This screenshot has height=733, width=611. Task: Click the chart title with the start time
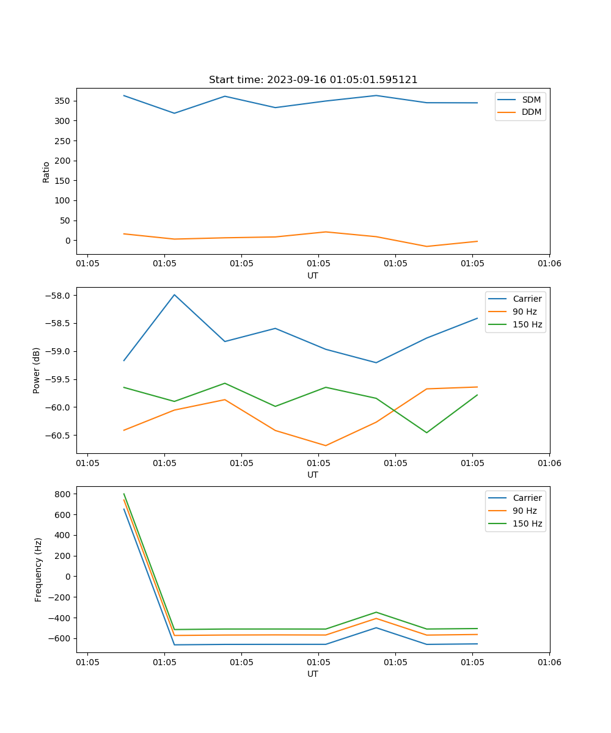pos(313,80)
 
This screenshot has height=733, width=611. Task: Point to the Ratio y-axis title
pos(46,172)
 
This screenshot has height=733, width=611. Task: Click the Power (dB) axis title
pos(37,370)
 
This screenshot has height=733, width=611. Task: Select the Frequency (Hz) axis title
pos(38,569)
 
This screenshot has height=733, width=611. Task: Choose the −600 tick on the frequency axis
pos(60,638)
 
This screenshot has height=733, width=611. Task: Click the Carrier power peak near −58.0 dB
pos(175,294)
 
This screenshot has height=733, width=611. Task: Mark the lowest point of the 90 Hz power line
pos(326,445)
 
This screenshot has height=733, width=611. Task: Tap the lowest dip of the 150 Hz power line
pos(426,432)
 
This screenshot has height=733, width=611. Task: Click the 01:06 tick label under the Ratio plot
pos(549,264)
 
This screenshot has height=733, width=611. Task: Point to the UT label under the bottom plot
pos(313,674)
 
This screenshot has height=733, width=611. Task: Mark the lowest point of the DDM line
pos(426,246)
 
